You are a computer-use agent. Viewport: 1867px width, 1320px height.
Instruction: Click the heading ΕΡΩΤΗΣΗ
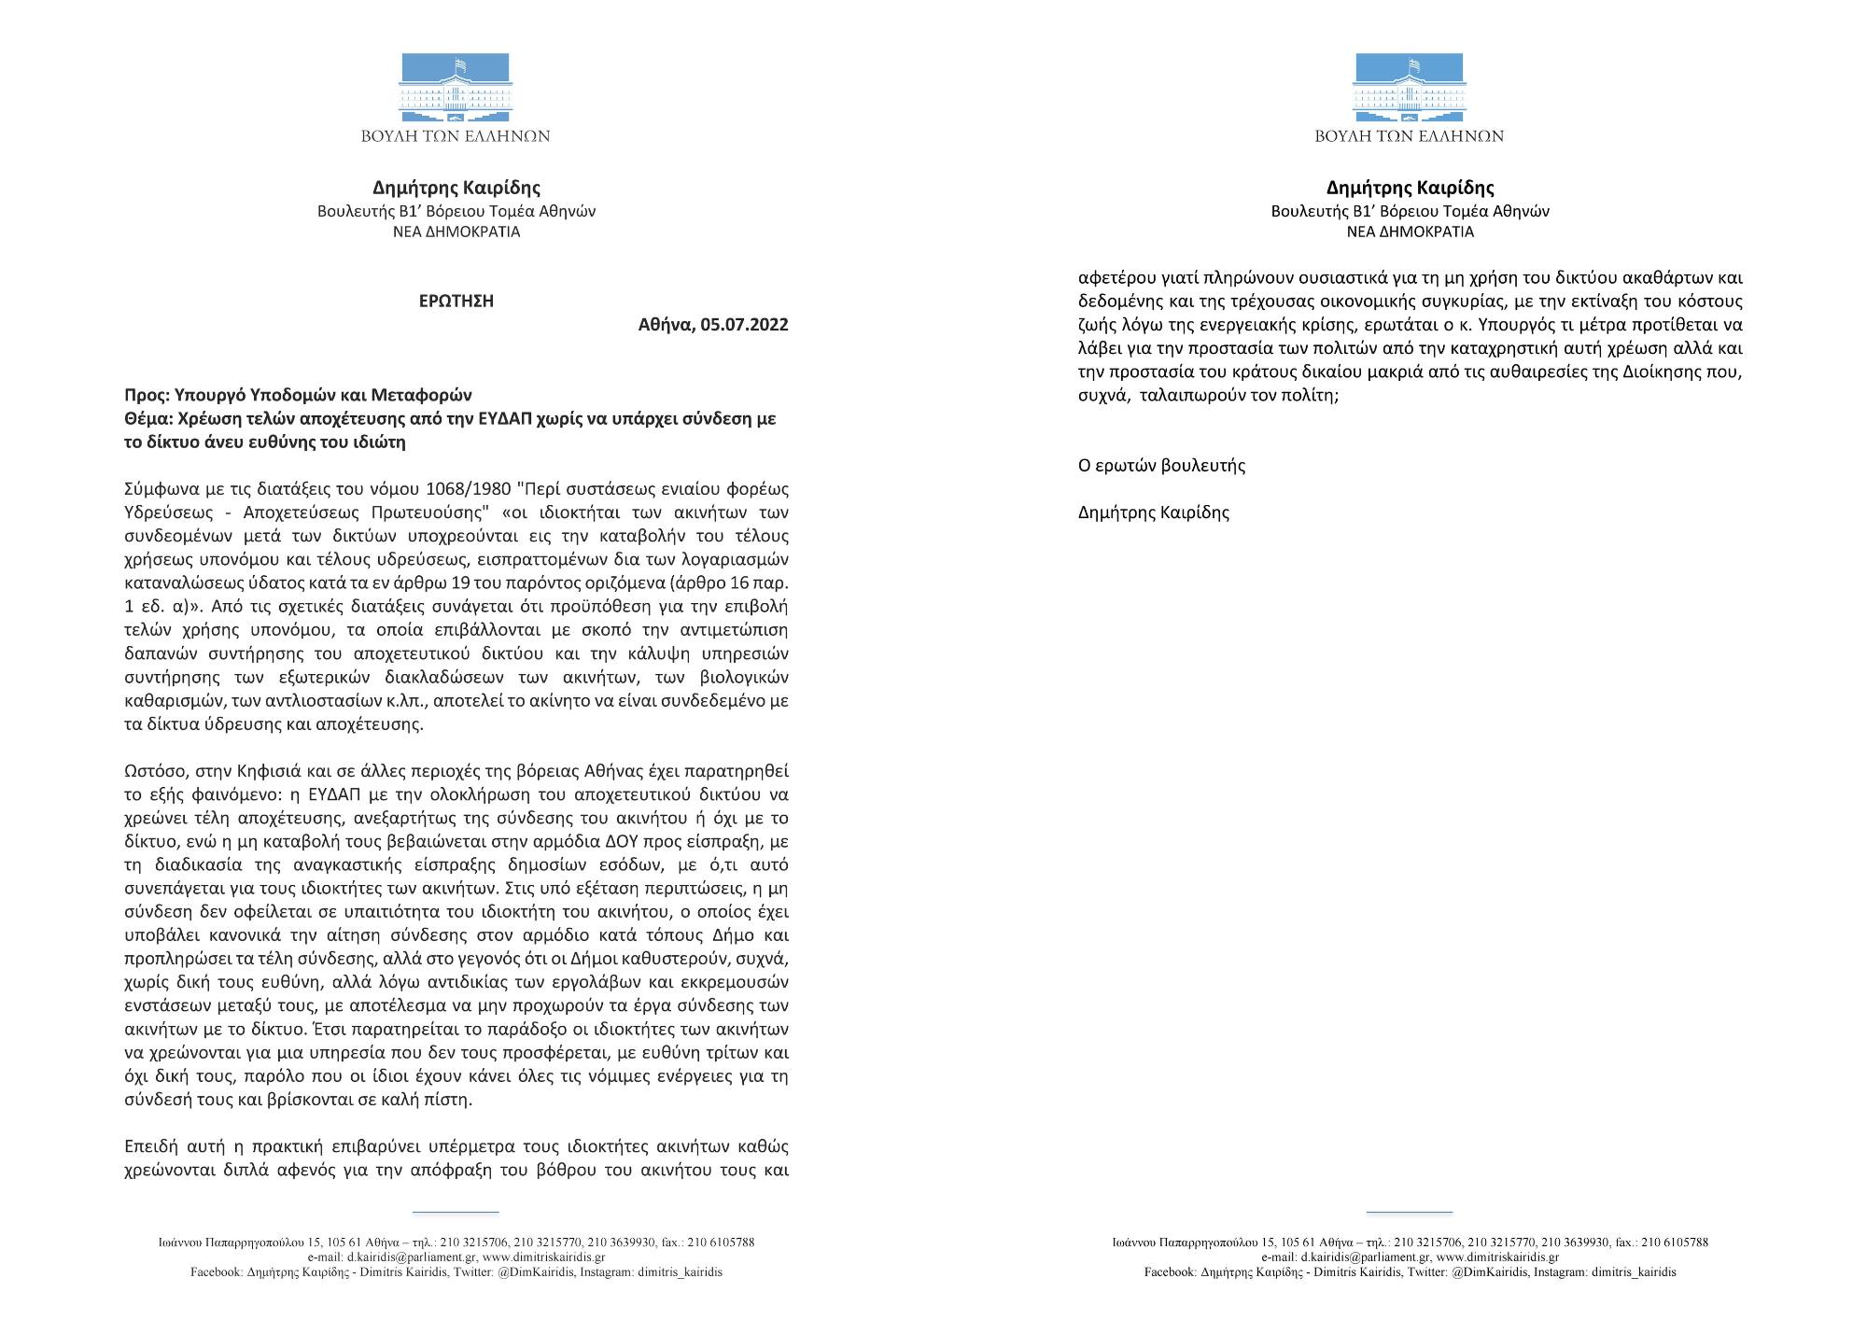click(456, 301)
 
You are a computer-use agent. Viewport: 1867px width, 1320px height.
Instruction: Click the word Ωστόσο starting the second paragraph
click(154, 771)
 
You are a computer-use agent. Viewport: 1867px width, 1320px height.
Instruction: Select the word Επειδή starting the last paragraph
click(151, 1146)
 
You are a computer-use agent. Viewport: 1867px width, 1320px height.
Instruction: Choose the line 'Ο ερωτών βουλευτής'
click(1161, 465)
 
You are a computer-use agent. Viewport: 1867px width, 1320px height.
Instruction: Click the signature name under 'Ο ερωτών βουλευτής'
click(1153, 512)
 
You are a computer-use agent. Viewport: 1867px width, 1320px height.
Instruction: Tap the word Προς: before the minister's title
click(147, 395)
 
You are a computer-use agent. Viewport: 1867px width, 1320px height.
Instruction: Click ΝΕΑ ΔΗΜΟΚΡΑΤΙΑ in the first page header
click(456, 232)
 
